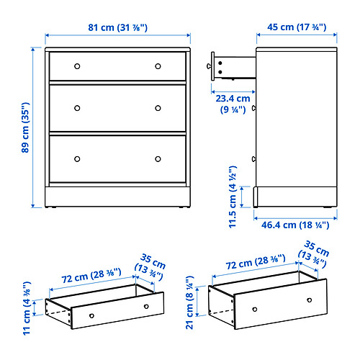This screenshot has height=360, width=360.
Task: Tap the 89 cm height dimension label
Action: [x=25, y=127]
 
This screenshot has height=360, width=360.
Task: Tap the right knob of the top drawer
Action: [x=158, y=66]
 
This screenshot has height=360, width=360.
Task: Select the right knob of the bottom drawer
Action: [x=158, y=158]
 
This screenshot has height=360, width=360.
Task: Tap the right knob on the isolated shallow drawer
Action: [x=146, y=307]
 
